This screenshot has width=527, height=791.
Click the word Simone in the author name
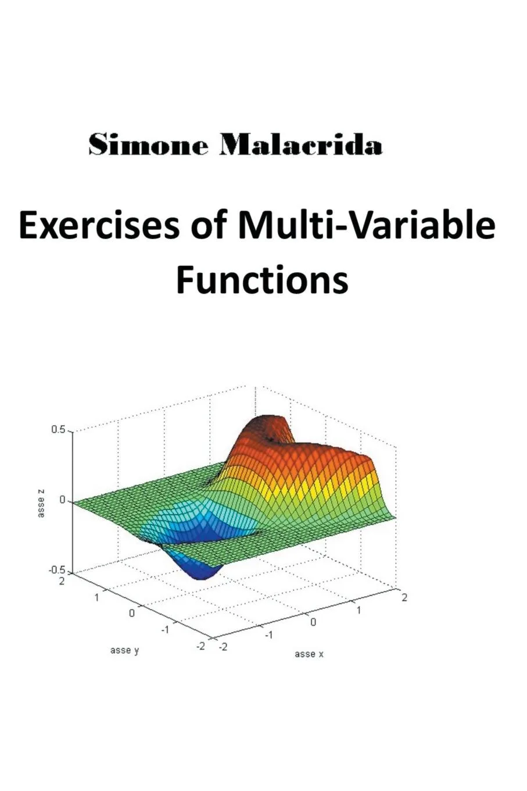[x=148, y=145]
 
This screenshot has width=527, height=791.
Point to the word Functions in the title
[x=262, y=280]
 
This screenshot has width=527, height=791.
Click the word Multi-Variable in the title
[x=366, y=226]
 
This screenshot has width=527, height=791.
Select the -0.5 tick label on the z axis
[x=56, y=571]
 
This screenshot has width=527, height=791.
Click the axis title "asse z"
[x=41, y=503]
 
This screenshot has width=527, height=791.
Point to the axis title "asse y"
[x=124, y=650]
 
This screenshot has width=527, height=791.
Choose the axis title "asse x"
[x=309, y=654]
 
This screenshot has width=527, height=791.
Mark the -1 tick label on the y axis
[x=164, y=629]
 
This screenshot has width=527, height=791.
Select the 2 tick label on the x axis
[x=404, y=598]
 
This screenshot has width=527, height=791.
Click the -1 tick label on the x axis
[x=268, y=635]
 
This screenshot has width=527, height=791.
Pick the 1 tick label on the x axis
[x=359, y=610]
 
